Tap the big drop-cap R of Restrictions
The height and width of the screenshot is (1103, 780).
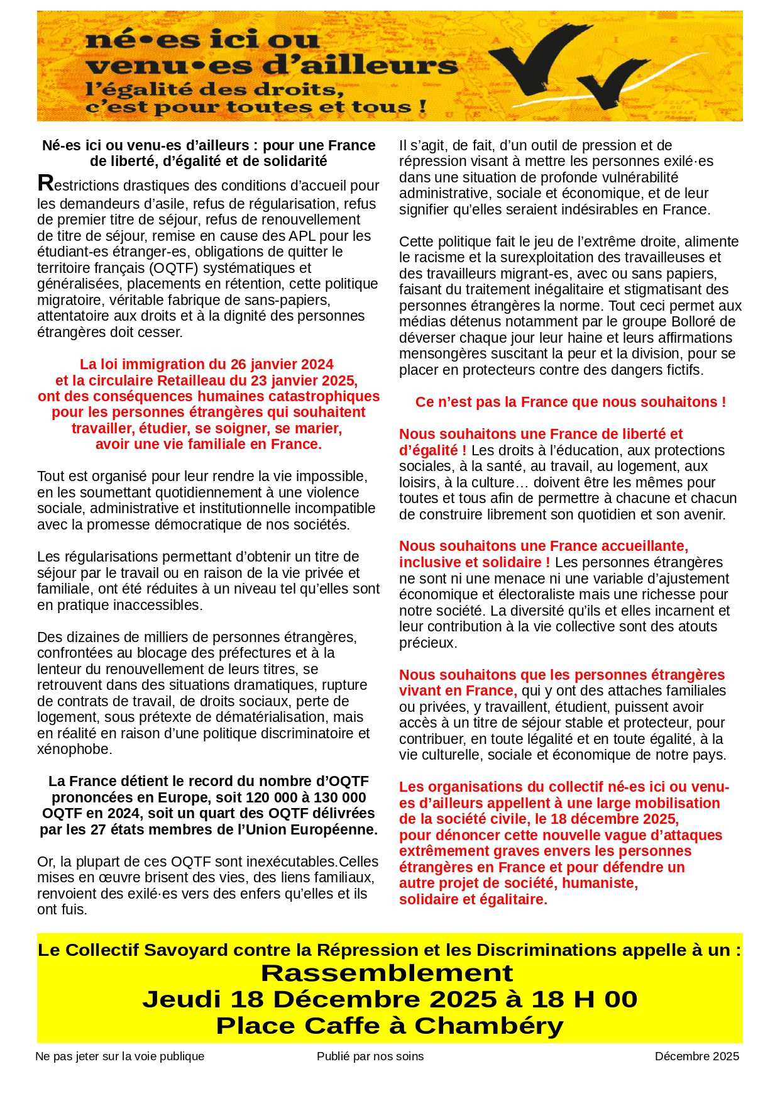coord(45,184)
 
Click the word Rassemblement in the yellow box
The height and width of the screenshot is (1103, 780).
coord(387,973)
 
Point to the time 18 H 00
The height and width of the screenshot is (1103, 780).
coord(584,999)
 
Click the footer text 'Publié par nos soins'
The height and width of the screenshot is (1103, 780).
coord(370,1056)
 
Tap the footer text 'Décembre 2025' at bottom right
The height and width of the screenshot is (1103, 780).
coord(696,1056)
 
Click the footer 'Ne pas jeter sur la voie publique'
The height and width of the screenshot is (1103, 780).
coord(120,1056)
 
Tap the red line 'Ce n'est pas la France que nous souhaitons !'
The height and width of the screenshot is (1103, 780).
coord(570,402)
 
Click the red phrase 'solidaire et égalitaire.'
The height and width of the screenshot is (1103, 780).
coord(473,899)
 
